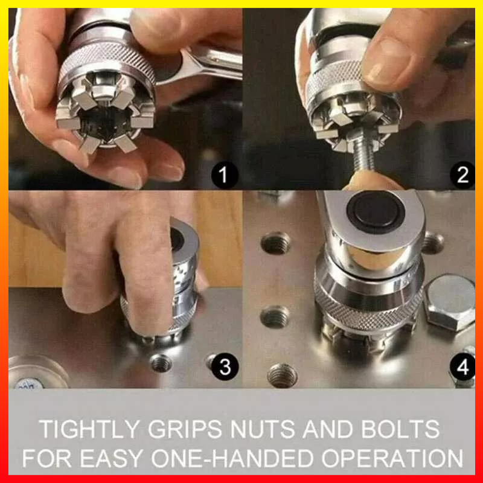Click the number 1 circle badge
225,174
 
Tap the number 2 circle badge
462,174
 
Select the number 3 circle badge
225,366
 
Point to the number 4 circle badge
462,366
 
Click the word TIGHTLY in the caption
89,429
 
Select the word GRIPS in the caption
185,429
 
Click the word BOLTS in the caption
400,429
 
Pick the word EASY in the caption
112,458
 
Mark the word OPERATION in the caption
392,458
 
